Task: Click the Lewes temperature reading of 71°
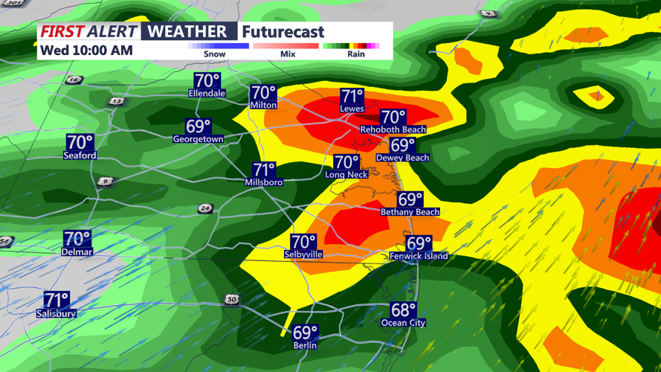pyautogui.click(x=352, y=96)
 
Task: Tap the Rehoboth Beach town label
pyautogui.click(x=393, y=129)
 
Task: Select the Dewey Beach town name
pyautogui.click(x=402, y=158)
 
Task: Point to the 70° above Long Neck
pyautogui.click(x=346, y=162)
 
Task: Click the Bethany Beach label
pyautogui.click(x=410, y=212)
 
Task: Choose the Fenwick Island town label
pyautogui.click(x=419, y=256)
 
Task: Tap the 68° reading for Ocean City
pyautogui.click(x=403, y=310)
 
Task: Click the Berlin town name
pyautogui.click(x=305, y=345)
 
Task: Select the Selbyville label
pyautogui.click(x=303, y=254)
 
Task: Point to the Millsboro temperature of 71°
pyautogui.click(x=264, y=170)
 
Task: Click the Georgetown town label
pyautogui.click(x=198, y=139)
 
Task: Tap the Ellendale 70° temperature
pyautogui.click(x=207, y=80)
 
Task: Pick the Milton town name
pyautogui.click(x=263, y=106)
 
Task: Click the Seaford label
pyautogui.click(x=80, y=155)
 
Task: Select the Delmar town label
pyautogui.click(x=77, y=252)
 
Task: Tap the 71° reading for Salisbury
pyautogui.click(x=57, y=300)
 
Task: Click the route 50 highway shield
pyautogui.click(x=232, y=299)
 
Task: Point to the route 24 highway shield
pyautogui.click(x=205, y=209)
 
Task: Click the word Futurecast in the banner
pyautogui.click(x=283, y=32)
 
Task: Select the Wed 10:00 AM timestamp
pyautogui.click(x=86, y=51)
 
